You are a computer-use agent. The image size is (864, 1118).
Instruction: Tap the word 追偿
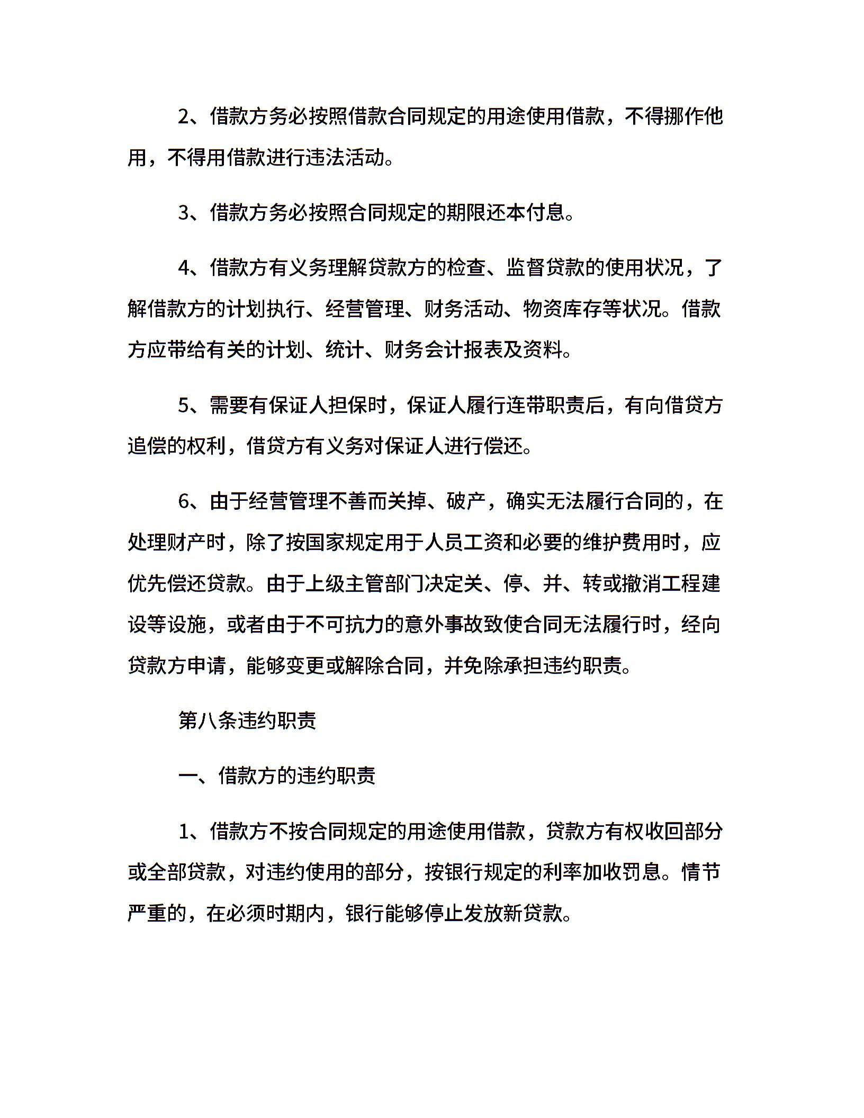(x=147, y=447)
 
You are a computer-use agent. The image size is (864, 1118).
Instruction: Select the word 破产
(x=465, y=501)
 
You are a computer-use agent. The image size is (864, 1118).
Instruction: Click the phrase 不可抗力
(x=345, y=625)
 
